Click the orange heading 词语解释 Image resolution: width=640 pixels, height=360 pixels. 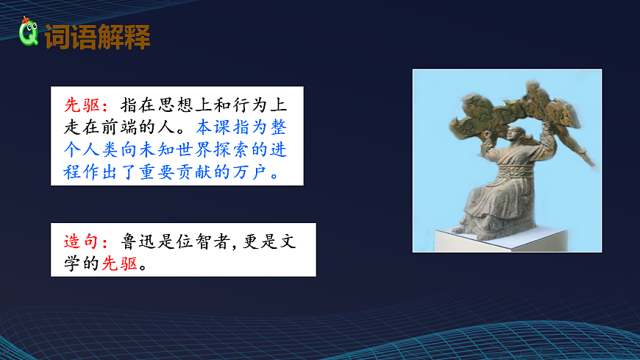tap(97, 37)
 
